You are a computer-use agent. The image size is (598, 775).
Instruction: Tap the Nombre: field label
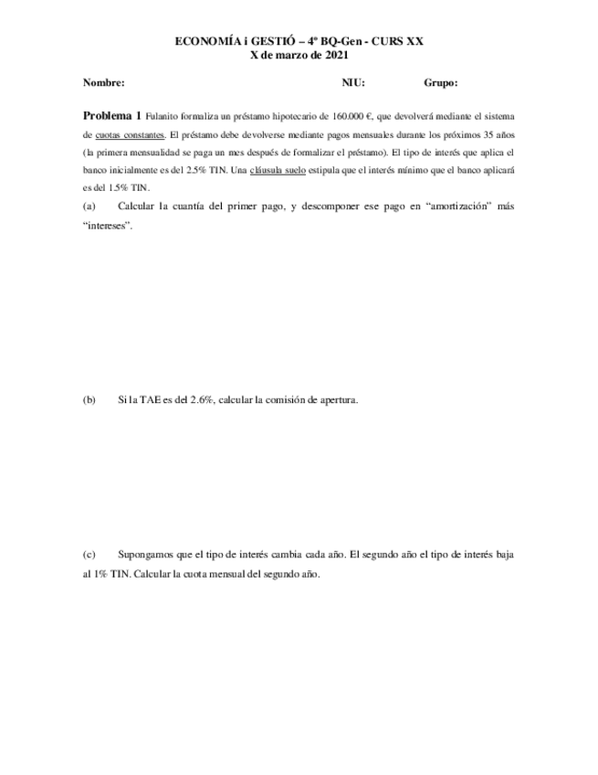(103, 83)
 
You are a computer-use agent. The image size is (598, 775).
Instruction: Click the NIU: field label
(353, 83)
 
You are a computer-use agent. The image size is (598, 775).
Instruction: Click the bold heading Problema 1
(112, 116)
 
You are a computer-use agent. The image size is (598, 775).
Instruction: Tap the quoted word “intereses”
(108, 226)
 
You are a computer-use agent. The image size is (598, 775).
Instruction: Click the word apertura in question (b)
(335, 399)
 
